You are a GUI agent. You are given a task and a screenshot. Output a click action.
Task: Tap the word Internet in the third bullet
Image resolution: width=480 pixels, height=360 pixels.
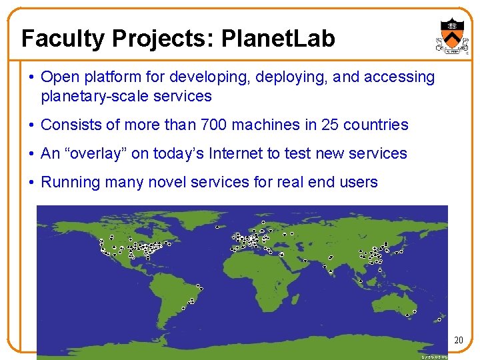237,153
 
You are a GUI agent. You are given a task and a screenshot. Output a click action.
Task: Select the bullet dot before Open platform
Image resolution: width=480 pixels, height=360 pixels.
32,77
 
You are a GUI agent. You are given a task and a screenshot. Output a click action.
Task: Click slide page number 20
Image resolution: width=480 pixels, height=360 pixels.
458,341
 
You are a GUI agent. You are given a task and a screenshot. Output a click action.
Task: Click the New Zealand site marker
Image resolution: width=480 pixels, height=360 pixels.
415,311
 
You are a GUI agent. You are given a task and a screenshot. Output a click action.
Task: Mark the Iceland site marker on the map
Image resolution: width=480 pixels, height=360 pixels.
217,227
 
